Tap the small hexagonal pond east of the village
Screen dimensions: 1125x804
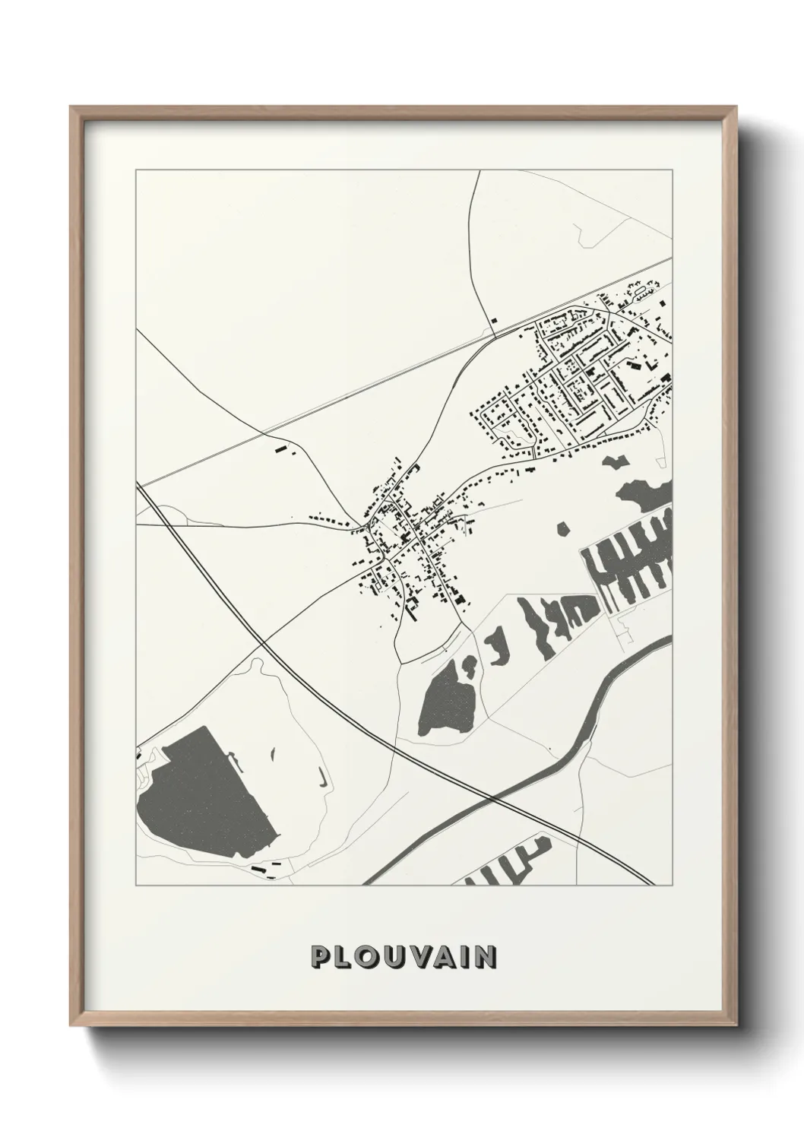563,528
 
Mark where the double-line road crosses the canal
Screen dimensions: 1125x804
495,798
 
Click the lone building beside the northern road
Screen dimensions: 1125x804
495,321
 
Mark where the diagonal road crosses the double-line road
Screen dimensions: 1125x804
261,643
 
